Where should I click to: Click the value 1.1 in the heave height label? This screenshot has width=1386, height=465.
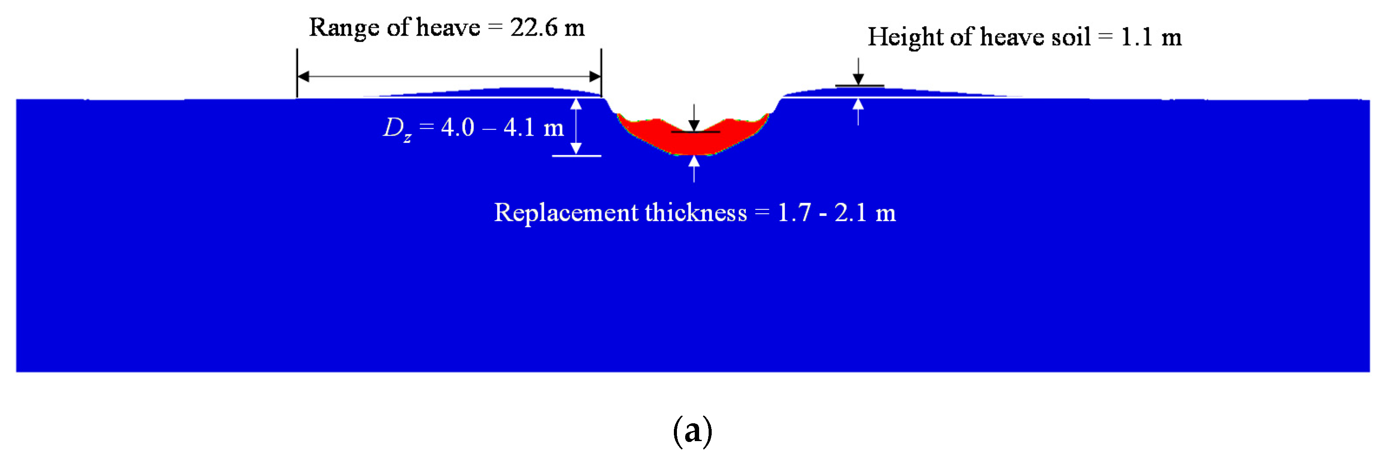pyautogui.click(x=1136, y=37)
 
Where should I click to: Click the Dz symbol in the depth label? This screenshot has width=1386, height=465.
pyautogui.click(x=397, y=129)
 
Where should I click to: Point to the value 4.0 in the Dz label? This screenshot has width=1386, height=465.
pyautogui.click(x=458, y=128)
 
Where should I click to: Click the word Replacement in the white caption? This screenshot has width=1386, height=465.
pyautogui.click(x=566, y=213)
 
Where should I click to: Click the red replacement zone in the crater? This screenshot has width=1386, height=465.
pyautogui.click(x=694, y=142)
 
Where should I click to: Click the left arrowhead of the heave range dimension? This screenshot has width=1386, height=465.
pyautogui.click(x=303, y=76)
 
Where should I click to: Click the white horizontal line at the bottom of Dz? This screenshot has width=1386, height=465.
pyautogui.click(x=576, y=156)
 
